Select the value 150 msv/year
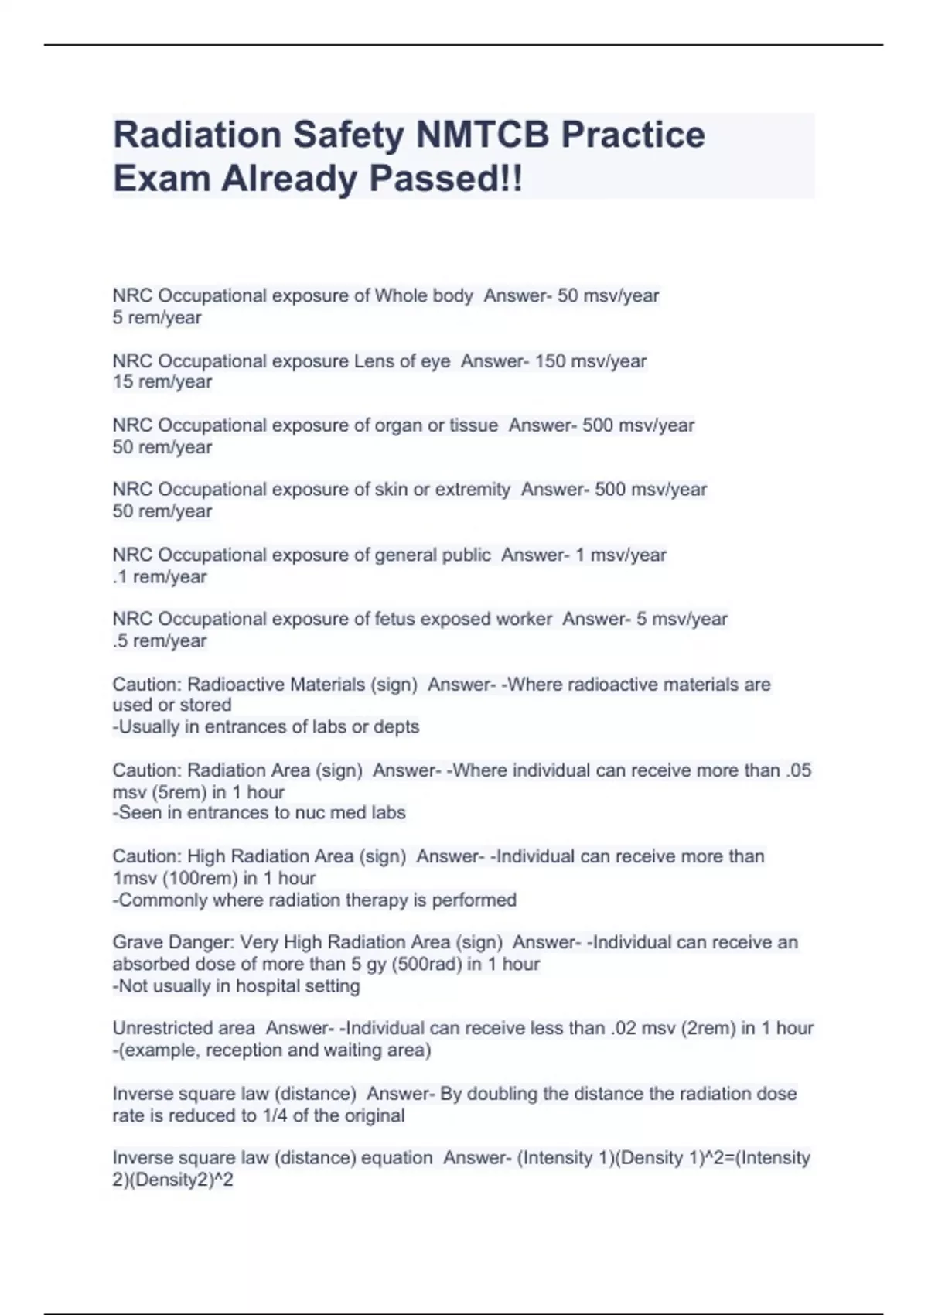pos(591,361)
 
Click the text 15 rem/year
pos(162,382)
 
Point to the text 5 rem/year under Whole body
pos(157,318)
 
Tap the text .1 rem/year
pos(160,577)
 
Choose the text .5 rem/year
pos(160,641)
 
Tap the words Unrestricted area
pos(184,1029)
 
